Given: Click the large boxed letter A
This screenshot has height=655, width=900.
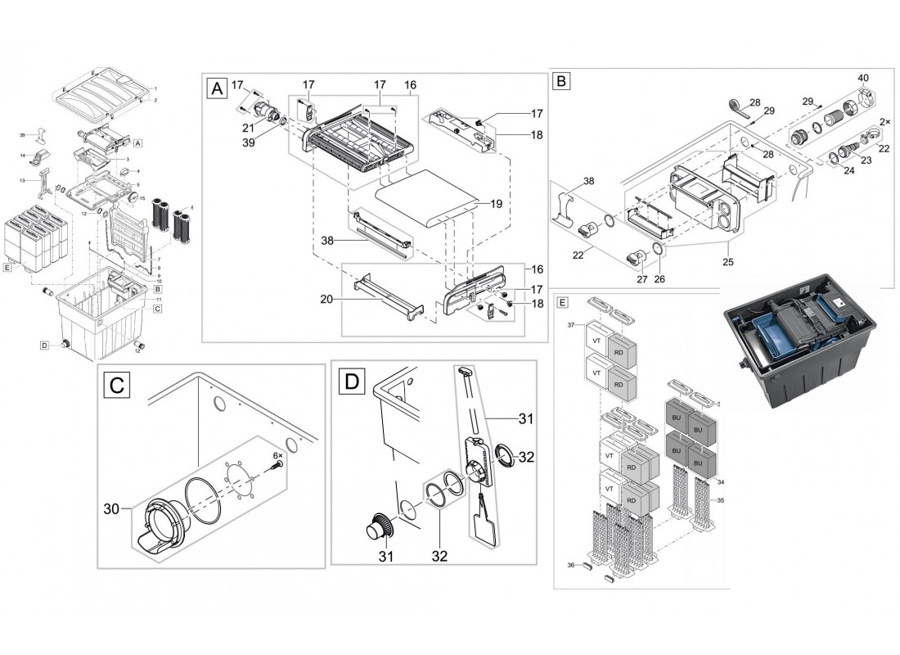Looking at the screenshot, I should (x=216, y=88).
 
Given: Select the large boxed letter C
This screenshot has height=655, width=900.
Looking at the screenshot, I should (x=118, y=385).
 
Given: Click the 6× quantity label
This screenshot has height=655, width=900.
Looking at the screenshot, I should (x=277, y=455).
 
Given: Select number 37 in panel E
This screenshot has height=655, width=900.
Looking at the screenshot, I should (x=573, y=326).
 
